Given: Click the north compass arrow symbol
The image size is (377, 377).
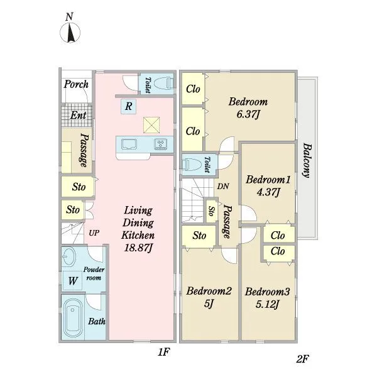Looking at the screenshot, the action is point(70,33).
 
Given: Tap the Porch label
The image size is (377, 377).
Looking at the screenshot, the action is point(76,84).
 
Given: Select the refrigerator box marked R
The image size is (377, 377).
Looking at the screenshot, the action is point(128,106).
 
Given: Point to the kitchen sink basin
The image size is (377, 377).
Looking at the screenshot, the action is point(129,144).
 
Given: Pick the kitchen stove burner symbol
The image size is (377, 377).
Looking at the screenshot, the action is point(160,144).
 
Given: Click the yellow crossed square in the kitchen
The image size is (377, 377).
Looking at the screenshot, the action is point(151,125).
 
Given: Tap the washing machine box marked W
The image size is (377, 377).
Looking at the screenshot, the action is point(72,281).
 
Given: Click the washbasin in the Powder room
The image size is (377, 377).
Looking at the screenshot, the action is point(69,256).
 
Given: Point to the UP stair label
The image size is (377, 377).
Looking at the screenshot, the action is point(94,233).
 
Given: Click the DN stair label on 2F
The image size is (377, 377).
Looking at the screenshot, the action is point(223,187).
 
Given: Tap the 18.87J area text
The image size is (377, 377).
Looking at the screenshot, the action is point(138,248).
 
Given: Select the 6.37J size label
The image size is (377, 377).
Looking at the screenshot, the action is point(248,114).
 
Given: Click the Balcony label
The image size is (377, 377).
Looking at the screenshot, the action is point(307,160).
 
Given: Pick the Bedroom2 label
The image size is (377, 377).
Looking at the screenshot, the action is point(209,291).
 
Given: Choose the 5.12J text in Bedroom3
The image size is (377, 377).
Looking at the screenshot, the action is point(267,305).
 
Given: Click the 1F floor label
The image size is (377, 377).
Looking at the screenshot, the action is point(164,352).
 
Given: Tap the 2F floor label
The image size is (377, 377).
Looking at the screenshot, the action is point(302,359).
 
